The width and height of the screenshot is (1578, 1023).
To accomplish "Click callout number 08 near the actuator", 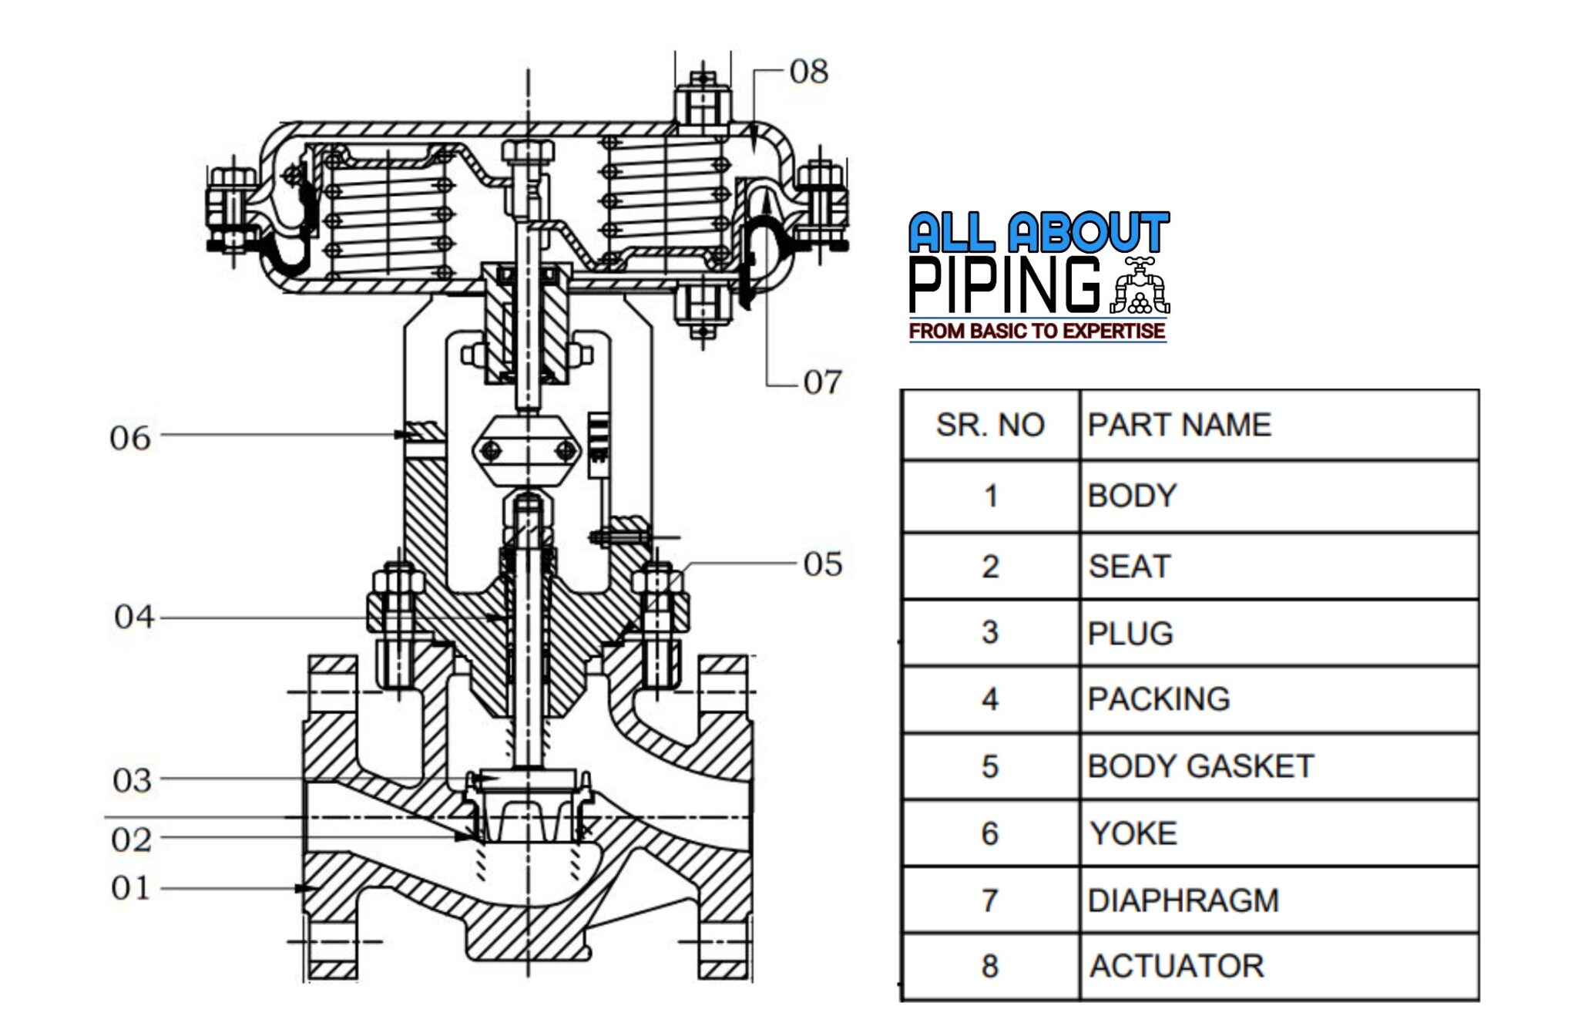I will (x=808, y=72).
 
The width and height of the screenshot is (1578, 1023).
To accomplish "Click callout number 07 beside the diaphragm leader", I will (x=822, y=382).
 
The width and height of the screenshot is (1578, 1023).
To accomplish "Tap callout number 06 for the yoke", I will (x=129, y=438).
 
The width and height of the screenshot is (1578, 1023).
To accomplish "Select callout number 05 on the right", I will (x=822, y=564).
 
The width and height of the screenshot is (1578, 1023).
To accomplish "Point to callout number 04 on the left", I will (x=134, y=617).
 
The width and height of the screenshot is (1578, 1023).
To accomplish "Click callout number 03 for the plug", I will (x=132, y=781).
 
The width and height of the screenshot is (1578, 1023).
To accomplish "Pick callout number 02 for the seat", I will (x=131, y=840).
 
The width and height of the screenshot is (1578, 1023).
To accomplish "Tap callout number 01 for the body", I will (x=130, y=888).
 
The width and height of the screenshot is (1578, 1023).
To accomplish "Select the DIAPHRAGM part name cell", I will (x=1183, y=900).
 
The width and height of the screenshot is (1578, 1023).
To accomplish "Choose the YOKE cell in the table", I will (x=1133, y=833).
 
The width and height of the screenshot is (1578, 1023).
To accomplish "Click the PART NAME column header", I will (x=1179, y=425).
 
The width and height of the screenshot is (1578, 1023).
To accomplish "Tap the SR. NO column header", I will (x=990, y=425).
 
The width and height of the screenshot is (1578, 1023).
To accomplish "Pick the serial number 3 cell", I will (x=990, y=633).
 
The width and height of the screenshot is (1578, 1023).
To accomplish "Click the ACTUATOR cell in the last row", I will (x=1177, y=966).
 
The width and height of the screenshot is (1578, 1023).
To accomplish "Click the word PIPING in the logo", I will (x=1005, y=285).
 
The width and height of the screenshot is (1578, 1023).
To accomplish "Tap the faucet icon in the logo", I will (x=1140, y=286).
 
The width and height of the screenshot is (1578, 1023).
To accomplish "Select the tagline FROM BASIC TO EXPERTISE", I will (x=1037, y=331).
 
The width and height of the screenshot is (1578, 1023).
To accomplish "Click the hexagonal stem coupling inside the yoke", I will (x=527, y=449).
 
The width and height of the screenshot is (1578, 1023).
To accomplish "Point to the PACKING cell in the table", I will (x=1158, y=699).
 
